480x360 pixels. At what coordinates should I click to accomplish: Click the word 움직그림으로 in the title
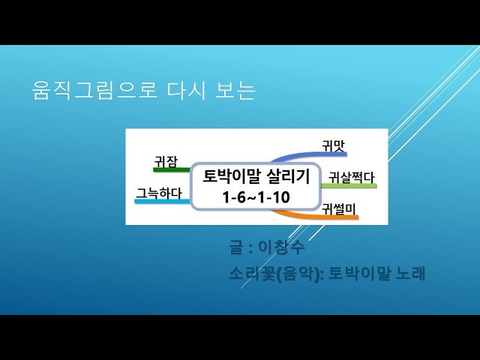(x=95, y=90)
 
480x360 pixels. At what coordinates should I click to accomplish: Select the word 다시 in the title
(x=186, y=90)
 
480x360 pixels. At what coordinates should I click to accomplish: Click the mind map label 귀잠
(x=166, y=161)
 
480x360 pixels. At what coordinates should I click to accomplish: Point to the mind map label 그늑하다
(x=159, y=193)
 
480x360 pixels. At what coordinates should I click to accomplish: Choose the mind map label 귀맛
(x=333, y=145)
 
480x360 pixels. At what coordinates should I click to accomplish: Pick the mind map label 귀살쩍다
(x=352, y=178)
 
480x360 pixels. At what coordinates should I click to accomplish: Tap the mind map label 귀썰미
(x=338, y=209)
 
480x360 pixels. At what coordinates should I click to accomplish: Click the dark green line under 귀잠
(x=172, y=169)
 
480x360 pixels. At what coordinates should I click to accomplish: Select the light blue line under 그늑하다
(x=163, y=202)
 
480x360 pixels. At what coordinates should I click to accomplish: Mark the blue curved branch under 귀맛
(x=309, y=154)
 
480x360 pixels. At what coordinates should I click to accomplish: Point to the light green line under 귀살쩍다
(x=349, y=185)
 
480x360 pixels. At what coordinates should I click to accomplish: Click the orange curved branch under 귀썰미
(x=315, y=216)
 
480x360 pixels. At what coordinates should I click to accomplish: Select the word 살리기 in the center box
(x=288, y=176)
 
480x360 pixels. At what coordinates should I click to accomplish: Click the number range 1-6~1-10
(x=256, y=197)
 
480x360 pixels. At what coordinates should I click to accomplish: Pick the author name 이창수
(x=282, y=247)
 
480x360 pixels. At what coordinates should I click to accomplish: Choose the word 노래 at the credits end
(x=410, y=273)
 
